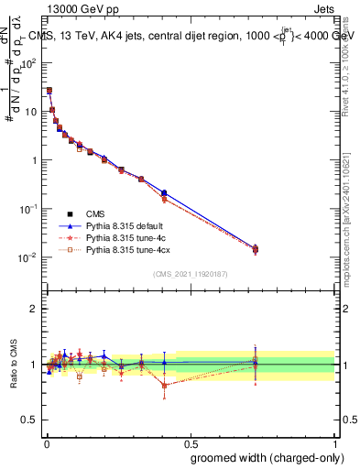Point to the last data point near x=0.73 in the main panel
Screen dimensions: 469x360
pos(256,248)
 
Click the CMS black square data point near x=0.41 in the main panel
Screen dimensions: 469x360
pos(164,193)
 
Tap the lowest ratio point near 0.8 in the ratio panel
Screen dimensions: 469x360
pos(164,386)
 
